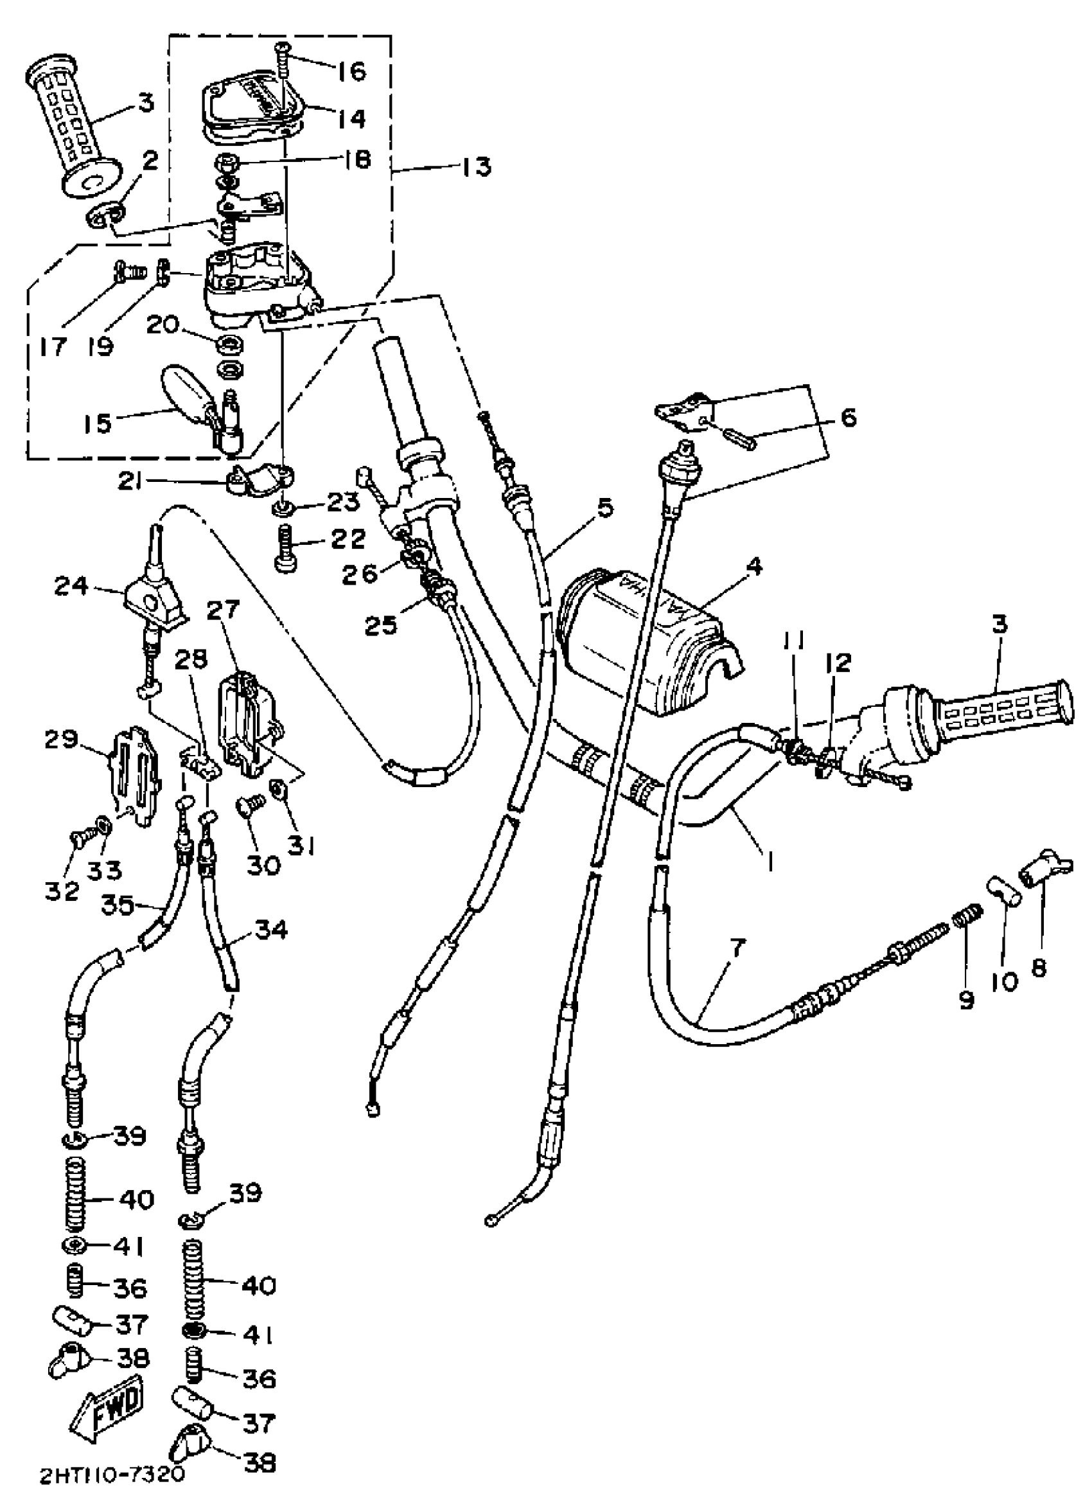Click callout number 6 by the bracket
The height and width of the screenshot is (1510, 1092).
click(849, 418)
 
